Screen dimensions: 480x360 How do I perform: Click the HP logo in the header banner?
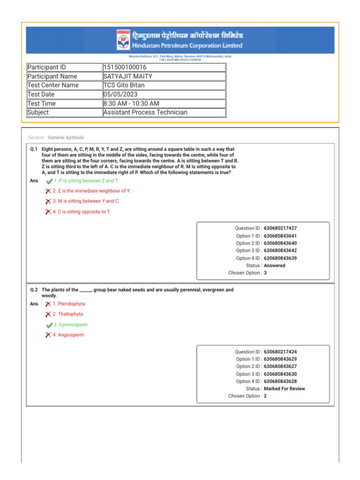123,40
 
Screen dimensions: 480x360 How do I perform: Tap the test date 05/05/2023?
120,94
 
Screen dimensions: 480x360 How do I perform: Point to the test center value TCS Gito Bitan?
124,85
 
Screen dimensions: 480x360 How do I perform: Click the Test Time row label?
42,103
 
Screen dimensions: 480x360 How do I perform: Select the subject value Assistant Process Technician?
145,112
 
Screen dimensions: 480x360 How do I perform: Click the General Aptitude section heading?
66,137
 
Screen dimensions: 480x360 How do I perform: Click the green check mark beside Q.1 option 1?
49,181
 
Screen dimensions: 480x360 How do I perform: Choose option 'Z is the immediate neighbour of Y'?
91,191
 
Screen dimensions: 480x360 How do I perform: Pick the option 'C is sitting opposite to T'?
82,211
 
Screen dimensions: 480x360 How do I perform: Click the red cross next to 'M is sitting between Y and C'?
48,201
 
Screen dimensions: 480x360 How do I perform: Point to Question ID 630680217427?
280,228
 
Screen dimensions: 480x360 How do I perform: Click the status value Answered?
274,265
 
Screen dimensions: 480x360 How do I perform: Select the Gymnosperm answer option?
70,324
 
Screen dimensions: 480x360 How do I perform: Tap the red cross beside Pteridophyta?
48,304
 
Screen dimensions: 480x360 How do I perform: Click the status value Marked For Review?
284,389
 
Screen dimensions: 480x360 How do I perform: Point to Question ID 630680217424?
280,352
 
